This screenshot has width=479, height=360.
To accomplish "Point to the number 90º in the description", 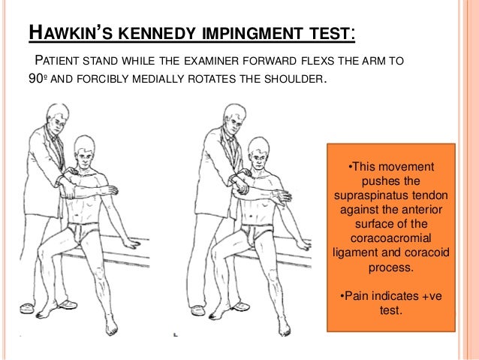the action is pyautogui.click(x=38, y=79).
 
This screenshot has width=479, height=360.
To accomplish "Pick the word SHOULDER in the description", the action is pyautogui.click(x=294, y=79).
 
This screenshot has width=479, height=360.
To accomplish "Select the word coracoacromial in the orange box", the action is pyautogui.click(x=390, y=238).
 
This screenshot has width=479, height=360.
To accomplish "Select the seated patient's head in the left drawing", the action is pyautogui.click(x=84, y=151).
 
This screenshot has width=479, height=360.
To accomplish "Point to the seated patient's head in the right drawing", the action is pyautogui.click(x=259, y=153).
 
